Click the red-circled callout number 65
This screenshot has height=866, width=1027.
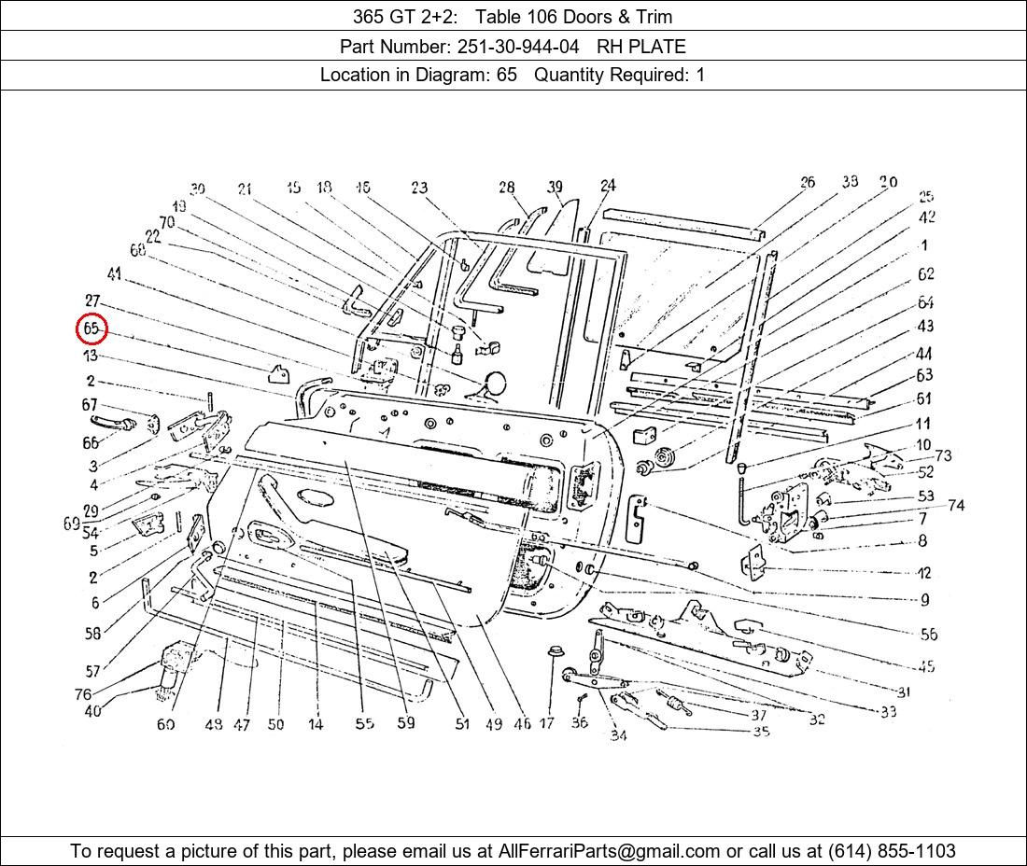[x=91, y=329]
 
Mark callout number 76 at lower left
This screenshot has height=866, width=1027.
[x=83, y=694]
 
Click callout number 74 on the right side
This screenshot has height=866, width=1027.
[x=955, y=506]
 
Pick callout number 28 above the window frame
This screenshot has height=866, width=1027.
[x=506, y=188]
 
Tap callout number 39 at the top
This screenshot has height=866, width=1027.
[x=555, y=188]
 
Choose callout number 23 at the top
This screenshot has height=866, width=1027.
[x=419, y=189]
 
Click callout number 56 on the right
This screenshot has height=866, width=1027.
[x=928, y=635]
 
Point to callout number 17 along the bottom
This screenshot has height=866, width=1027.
[x=546, y=722]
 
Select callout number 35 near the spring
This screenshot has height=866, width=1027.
[x=761, y=732]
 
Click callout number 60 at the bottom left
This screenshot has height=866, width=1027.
[x=165, y=724]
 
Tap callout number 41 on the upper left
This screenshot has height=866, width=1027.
[x=114, y=273]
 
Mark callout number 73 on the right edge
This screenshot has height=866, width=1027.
[x=943, y=455]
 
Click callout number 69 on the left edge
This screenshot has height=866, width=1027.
[x=72, y=524]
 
